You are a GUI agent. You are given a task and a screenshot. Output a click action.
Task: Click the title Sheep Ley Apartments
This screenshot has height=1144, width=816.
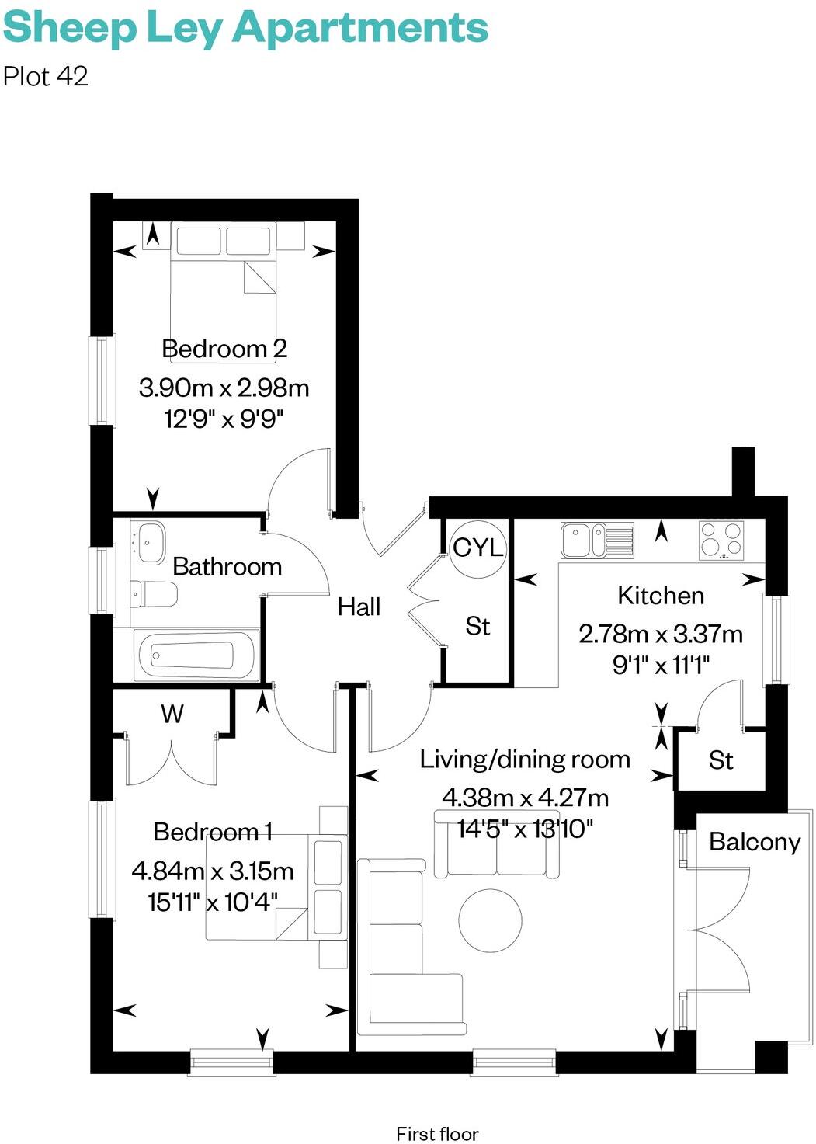pyautogui.click(x=245, y=28)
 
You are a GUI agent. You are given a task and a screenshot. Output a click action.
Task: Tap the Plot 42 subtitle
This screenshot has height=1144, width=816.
pyautogui.click(x=46, y=76)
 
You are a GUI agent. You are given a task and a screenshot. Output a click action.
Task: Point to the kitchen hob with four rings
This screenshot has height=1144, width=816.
pyautogui.click(x=721, y=540)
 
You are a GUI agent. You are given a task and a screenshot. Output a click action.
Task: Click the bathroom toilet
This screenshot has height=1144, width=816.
pyautogui.click(x=153, y=595)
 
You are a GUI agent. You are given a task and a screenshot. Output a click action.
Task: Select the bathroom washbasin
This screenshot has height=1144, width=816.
pyautogui.click(x=148, y=541)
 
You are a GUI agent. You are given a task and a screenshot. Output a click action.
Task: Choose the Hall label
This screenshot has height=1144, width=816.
pyautogui.click(x=359, y=607)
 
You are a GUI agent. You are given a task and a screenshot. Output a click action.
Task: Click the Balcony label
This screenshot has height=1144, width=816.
pyautogui.click(x=754, y=842)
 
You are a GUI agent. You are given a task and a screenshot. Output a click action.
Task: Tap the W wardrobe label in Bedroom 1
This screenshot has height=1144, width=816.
pyautogui.click(x=172, y=714)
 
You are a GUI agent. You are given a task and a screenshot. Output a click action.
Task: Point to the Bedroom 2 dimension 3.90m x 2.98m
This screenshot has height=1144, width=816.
pyautogui.click(x=224, y=387)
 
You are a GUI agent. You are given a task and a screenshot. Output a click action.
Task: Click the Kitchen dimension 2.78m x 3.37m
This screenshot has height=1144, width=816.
pyautogui.click(x=660, y=634)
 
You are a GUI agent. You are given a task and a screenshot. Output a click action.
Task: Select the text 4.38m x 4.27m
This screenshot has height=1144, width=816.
pyautogui.click(x=525, y=798)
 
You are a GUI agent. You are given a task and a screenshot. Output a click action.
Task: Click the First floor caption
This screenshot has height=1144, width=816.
pyautogui.click(x=437, y=1134)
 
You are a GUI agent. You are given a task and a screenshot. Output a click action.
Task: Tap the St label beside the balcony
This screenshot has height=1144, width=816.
pyautogui.click(x=721, y=760)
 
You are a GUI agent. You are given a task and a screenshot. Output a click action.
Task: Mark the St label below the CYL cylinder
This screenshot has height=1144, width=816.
pyautogui.click(x=477, y=626)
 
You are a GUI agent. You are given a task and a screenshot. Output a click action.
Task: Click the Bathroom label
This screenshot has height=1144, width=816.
pyautogui.click(x=227, y=566)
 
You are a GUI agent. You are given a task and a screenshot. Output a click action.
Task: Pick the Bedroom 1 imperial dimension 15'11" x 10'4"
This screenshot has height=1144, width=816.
pyautogui.click(x=213, y=902)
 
